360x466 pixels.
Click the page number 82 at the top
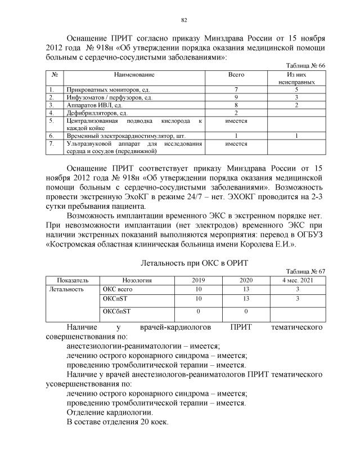(x=183, y=21)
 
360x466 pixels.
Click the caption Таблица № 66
(x=305, y=66)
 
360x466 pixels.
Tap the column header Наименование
(x=134, y=74)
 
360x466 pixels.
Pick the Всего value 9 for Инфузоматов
(x=236, y=97)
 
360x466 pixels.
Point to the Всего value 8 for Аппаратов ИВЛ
(x=236, y=105)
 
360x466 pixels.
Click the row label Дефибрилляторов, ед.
(x=97, y=113)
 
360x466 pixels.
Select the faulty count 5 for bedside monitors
(x=296, y=89)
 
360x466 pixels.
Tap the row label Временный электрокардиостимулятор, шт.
(x=125, y=136)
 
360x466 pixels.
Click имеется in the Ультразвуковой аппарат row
(x=236, y=144)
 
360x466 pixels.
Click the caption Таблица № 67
(x=305, y=271)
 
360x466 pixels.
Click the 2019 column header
(x=199, y=280)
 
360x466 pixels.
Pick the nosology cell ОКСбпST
(x=116, y=311)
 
